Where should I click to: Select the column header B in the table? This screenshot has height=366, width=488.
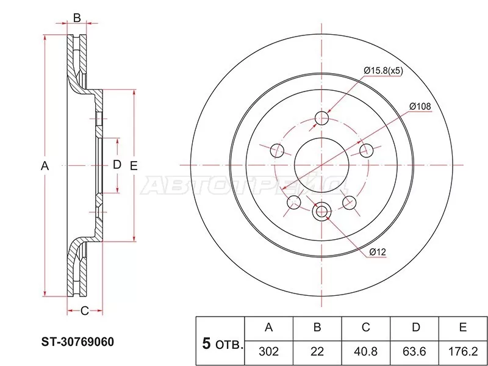click(317, 328)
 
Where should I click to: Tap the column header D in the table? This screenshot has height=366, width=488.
click(415, 328)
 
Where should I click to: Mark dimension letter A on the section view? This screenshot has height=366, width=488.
click(45, 165)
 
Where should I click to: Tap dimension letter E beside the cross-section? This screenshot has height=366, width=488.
click(134, 165)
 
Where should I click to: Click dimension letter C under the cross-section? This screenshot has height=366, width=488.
click(85, 311)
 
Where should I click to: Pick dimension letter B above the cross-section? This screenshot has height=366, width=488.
click(77, 18)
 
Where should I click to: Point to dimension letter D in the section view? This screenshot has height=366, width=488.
click(117, 165)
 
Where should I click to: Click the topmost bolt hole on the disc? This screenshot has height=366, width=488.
click(321, 117)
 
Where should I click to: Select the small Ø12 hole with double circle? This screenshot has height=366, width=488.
click(321, 212)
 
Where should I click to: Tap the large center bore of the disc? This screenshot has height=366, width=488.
click(321, 165)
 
